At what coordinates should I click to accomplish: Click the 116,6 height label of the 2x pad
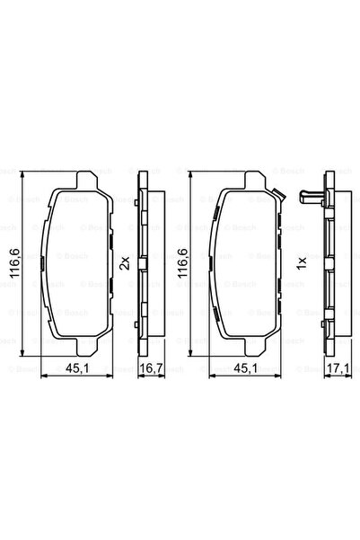(12, 261)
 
